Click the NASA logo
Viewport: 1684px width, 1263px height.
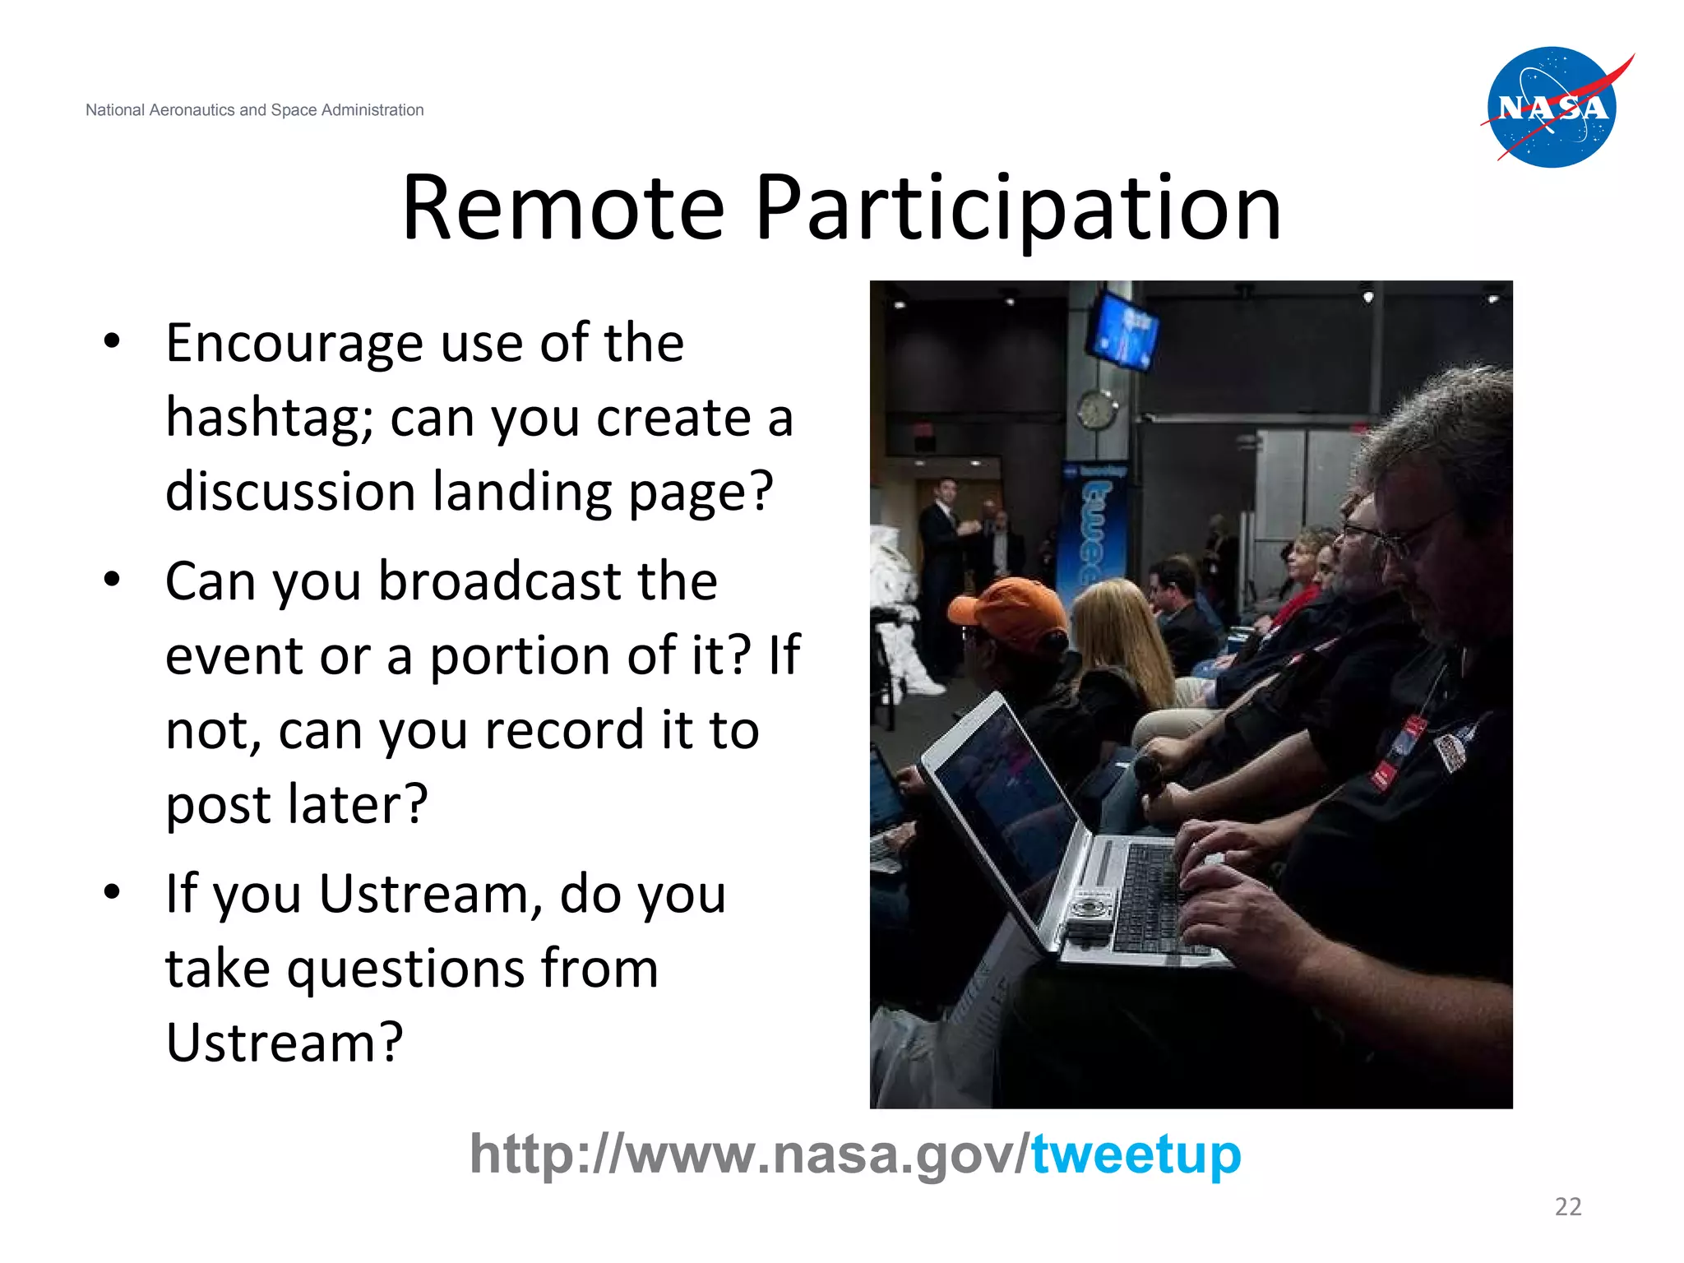click(x=1552, y=108)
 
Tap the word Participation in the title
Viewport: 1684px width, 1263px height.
click(x=1017, y=210)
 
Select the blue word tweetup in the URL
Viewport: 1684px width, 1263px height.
click(x=1136, y=1155)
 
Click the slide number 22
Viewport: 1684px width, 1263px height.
click(x=1567, y=1206)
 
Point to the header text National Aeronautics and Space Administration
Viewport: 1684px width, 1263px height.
click(x=254, y=110)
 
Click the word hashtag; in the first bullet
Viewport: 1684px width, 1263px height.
click(x=270, y=419)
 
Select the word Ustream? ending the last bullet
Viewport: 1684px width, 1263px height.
click(x=285, y=1043)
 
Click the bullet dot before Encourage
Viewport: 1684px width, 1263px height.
click(x=113, y=341)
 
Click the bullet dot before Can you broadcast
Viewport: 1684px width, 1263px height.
click(x=113, y=580)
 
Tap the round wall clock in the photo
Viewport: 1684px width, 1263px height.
click(x=1097, y=409)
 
